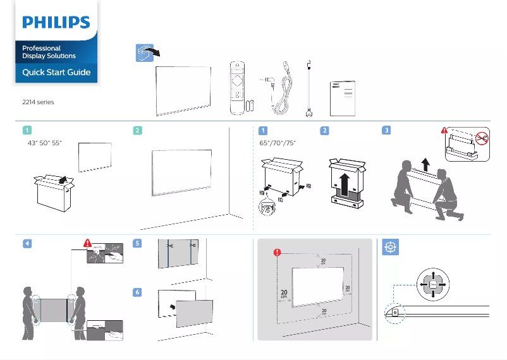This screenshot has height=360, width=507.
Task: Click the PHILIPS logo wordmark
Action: (x=56, y=23)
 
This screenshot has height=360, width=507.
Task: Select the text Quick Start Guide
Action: (x=56, y=73)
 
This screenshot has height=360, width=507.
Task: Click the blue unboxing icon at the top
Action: (x=145, y=53)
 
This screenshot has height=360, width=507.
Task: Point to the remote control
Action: (x=236, y=88)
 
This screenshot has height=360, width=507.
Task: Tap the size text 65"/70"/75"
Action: (x=278, y=143)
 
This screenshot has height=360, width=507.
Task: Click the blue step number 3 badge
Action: (x=387, y=131)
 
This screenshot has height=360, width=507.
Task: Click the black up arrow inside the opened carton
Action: (x=345, y=186)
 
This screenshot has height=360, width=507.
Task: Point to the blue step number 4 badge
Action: (x=27, y=243)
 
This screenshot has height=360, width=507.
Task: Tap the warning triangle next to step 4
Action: (x=88, y=244)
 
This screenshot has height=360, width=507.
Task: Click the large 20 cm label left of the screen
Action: (x=283, y=295)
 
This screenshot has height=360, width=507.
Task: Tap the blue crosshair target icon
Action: (x=390, y=248)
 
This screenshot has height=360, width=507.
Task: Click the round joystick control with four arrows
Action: (x=433, y=285)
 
